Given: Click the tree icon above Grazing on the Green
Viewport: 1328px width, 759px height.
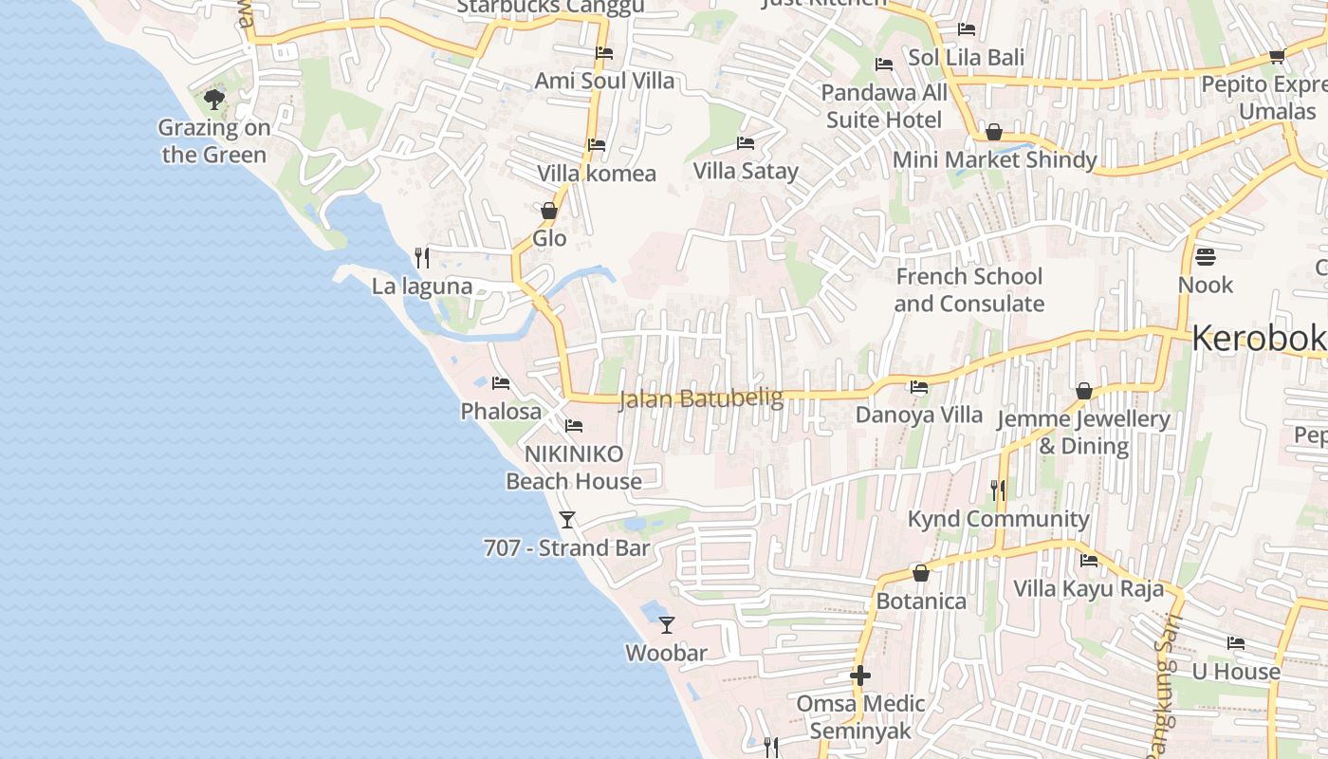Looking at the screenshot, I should pyautogui.click(x=214, y=99).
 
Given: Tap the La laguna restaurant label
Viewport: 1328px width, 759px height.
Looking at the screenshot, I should pyautogui.click(x=422, y=287).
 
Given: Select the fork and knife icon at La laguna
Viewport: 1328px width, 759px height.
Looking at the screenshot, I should pyautogui.click(x=422, y=257).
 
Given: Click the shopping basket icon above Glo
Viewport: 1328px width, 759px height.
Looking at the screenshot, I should pyautogui.click(x=549, y=211).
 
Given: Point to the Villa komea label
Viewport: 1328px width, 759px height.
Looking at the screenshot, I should pyautogui.click(x=597, y=174).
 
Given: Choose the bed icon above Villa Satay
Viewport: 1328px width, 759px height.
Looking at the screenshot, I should pyautogui.click(x=746, y=143).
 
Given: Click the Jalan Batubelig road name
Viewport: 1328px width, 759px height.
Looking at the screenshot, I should pyautogui.click(x=701, y=398).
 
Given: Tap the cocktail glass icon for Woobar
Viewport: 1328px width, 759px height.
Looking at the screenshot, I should pyautogui.click(x=667, y=624).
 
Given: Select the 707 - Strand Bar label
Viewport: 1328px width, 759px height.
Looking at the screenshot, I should pyautogui.click(x=567, y=548).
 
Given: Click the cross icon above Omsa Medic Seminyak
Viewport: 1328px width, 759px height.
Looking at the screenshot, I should pyautogui.click(x=860, y=676).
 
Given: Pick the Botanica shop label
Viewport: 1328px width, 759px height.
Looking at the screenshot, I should pyautogui.click(x=921, y=602).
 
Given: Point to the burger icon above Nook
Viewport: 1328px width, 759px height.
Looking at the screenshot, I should pyautogui.click(x=1206, y=257).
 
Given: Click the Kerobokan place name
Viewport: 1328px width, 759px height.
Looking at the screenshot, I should pyautogui.click(x=1259, y=339).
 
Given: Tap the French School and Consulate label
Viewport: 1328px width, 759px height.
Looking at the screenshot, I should pyautogui.click(x=968, y=290).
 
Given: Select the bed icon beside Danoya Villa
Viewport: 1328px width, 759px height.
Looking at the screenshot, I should pyautogui.click(x=919, y=387).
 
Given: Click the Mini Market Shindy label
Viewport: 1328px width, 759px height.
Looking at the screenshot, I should pyautogui.click(x=995, y=159).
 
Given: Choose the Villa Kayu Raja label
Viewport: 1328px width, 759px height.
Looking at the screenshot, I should pyautogui.click(x=1088, y=588).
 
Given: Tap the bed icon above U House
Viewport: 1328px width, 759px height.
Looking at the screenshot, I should pyautogui.click(x=1236, y=643).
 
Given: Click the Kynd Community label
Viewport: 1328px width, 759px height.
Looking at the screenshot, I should pyautogui.click(x=999, y=519).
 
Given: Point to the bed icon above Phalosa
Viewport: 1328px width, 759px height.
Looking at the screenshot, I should pyautogui.click(x=501, y=383).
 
